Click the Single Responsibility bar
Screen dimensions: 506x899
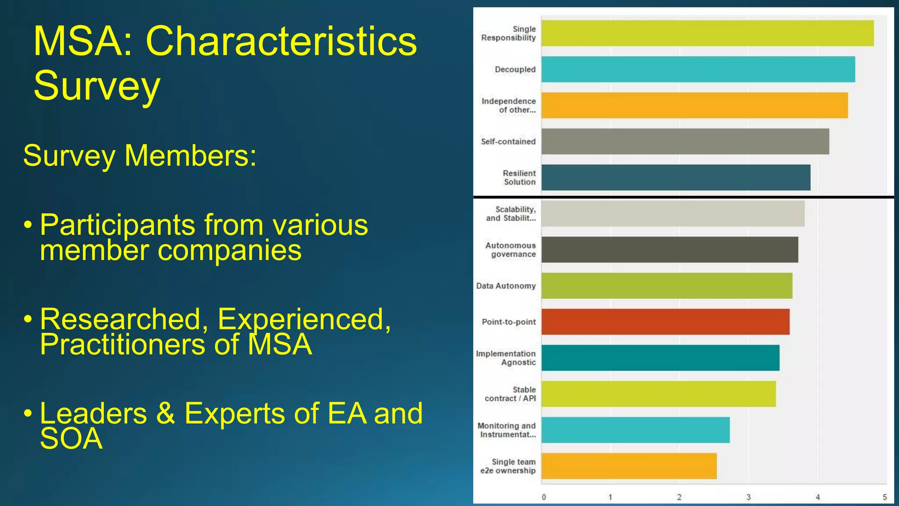[707, 33]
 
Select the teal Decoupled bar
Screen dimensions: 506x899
[698, 69]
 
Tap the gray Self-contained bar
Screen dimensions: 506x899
[685, 141]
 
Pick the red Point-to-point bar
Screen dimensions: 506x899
[665, 322]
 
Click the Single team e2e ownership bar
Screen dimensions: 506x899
[629, 466]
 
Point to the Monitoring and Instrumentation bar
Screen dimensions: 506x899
[635, 430]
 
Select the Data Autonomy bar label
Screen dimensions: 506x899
[506, 286]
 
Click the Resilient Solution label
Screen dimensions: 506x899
[519, 177]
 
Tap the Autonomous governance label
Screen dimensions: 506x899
[511, 250]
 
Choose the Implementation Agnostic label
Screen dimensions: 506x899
[506, 358]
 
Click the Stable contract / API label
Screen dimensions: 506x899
[510, 394]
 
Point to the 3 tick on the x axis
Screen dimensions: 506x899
[748, 497]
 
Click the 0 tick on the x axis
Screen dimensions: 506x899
[544, 497]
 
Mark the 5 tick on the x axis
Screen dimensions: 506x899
[885, 497]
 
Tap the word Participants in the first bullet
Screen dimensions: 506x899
[117, 225]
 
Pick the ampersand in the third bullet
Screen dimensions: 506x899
[165, 413]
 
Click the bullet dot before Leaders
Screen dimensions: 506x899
[28, 413]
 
